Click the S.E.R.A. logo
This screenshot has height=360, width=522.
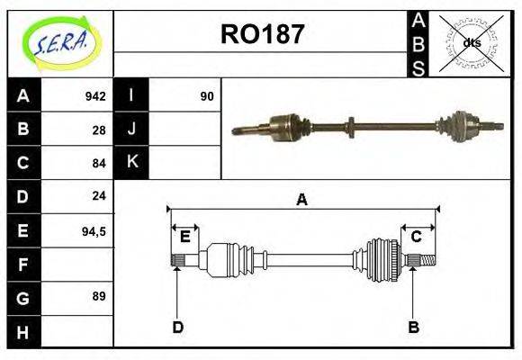[59, 41]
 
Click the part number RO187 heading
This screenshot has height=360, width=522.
[262, 35]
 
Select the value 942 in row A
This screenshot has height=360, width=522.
[95, 96]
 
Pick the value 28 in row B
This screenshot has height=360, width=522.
[99, 130]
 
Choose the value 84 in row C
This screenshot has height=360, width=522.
[99, 163]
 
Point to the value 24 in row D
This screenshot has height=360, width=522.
[99, 195]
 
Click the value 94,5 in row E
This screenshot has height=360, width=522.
[94, 230]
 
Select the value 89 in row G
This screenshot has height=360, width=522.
[99, 296]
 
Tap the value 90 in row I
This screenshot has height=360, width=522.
[207, 96]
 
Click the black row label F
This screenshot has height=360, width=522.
[23, 264]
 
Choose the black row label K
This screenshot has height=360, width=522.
[132, 162]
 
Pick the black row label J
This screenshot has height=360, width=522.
[132, 130]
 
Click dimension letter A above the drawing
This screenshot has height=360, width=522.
[301, 200]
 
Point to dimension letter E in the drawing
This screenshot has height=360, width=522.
[184, 237]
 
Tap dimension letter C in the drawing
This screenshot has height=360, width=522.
[416, 237]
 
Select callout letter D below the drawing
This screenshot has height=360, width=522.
[177, 328]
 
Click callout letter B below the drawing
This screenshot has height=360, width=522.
[413, 328]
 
